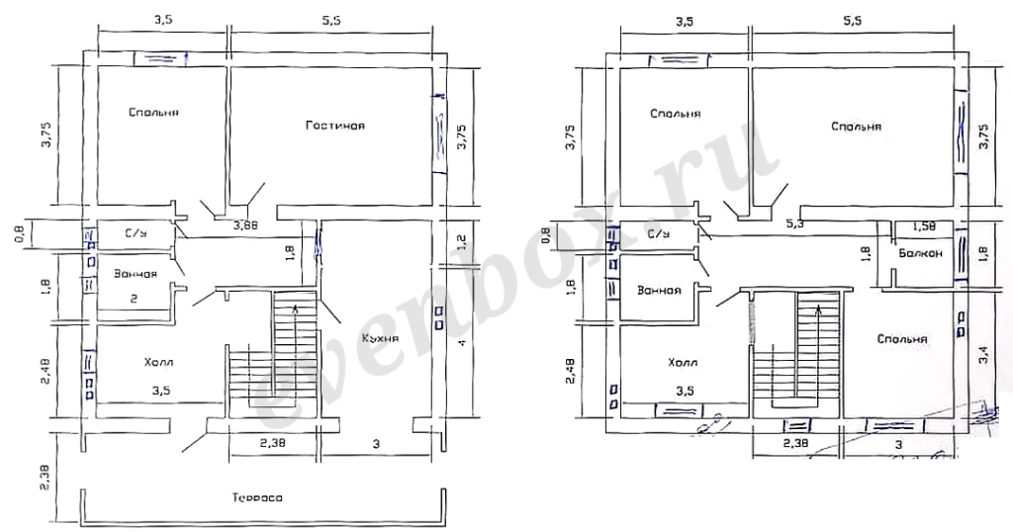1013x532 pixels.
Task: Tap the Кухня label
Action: point(380,338)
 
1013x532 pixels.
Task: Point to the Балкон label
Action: point(920,253)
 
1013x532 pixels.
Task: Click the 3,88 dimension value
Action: point(245,226)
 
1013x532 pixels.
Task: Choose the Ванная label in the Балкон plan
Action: point(659,291)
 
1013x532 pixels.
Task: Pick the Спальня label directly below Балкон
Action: point(902,339)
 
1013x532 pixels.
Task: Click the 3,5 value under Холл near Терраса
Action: point(161,391)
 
